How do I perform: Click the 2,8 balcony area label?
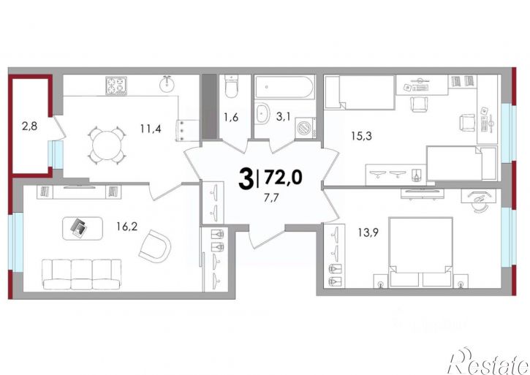[29, 126]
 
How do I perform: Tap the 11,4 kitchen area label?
[151, 129]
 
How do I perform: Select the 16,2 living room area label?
[126, 226]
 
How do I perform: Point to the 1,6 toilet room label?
[231, 118]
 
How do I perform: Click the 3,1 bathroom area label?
[283, 117]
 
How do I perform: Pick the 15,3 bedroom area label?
[362, 136]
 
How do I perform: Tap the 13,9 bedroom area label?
[368, 232]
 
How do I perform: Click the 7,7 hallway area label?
[270, 198]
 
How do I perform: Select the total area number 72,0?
[283, 178]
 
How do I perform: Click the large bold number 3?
[246, 180]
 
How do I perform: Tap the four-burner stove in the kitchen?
[116, 86]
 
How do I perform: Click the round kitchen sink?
[167, 84]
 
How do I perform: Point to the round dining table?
[107, 145]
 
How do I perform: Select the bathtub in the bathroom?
[284, 87]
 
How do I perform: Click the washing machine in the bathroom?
[306, 128]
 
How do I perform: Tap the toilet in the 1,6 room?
[231, 86]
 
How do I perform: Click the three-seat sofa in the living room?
[81, 274]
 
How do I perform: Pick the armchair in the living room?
[155, 245]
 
